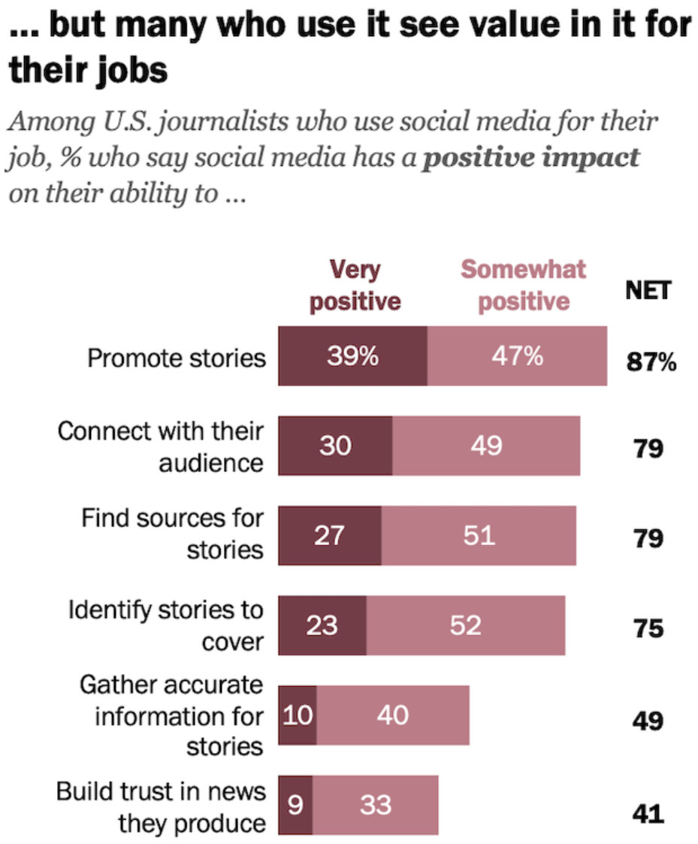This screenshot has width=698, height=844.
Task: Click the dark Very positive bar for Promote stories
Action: (x=352, y=355)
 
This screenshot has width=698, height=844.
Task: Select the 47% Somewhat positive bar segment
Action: (x=517, y=355)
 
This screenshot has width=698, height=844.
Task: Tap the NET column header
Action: (x=648, y=291)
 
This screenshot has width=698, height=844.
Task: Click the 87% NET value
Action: (x=651, y=361)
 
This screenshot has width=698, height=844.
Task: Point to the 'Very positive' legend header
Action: (x=355, y=286)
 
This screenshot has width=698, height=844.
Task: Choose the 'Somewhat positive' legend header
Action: (x=524, y=286)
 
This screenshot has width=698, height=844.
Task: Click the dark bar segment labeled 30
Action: (x=335, y=446)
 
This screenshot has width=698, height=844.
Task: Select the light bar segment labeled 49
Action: (x=487, y=446)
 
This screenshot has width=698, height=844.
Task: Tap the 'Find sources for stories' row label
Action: (x=172, y=534)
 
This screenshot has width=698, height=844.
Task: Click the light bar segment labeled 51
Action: (x=479, y=536)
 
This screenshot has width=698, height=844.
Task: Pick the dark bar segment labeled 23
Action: (x=322, y=625)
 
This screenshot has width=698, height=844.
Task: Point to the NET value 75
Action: (x=648, y=629)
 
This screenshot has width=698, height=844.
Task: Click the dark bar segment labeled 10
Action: (x=298, y=715)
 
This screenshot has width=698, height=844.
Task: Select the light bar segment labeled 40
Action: (x=393, y=715)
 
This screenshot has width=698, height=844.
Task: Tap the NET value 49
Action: (x=648, y=721)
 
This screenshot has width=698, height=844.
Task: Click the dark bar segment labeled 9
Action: (x=295, y=805)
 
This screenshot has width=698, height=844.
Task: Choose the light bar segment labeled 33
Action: (x=376, y=805)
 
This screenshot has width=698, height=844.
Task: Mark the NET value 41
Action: (x=648, y=814)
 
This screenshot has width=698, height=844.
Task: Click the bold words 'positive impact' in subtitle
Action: (x=531, y=158)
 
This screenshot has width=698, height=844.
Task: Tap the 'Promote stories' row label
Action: (x=177, y=358)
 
